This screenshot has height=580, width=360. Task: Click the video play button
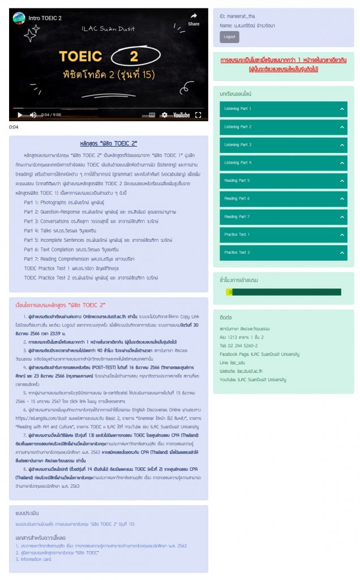[20, 114]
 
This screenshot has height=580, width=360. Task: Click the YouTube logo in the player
[181, 115]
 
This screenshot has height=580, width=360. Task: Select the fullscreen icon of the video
[198, 115]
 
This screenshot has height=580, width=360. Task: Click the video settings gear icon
[164, 115]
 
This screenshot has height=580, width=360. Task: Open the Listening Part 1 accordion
[283, 109]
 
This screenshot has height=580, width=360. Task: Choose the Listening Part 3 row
[283, 145]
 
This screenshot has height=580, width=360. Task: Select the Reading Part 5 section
[283, 181]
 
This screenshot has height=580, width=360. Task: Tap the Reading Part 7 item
[283, 217]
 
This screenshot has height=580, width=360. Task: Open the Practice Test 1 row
[283, 234]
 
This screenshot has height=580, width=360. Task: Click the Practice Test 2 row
[283, 253]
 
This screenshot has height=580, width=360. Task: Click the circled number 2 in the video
[134, 57]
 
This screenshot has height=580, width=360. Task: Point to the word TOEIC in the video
[81, 57]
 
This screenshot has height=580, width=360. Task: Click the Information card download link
[35, 559]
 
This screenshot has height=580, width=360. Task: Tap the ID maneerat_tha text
[238, 17]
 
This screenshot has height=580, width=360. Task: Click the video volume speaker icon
[33, 115]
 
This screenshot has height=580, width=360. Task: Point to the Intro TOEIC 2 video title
[45, 18]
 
